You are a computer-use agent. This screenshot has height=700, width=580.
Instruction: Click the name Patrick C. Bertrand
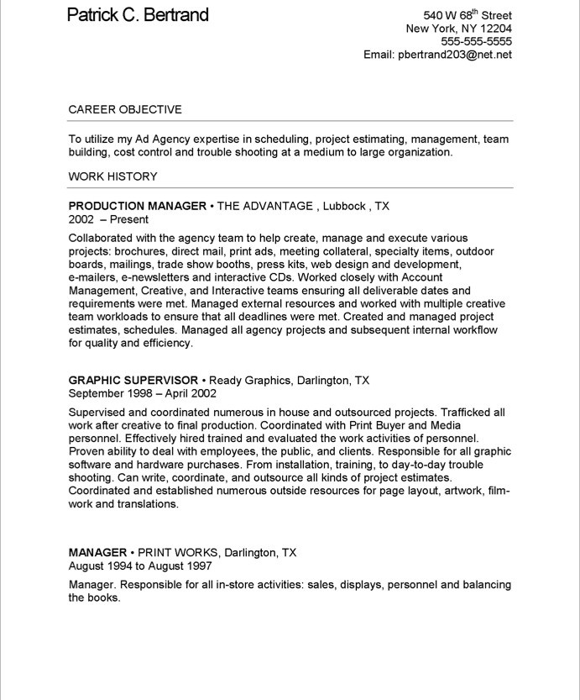click(x=138, y=15)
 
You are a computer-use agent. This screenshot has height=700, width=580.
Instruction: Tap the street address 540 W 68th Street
click(x=468, y=15)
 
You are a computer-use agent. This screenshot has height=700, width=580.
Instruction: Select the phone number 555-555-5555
click(x=476, y=41)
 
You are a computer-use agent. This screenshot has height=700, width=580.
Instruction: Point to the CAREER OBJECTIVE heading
click(x=125, y=109)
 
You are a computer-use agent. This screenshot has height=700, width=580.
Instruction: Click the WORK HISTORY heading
click(x=112, y=176)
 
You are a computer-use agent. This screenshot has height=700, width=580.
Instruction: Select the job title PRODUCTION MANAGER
click(x=137, y=206)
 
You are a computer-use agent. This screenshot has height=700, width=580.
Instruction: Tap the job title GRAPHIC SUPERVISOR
click(x=133, y=380)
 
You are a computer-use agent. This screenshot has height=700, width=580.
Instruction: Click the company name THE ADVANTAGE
click(x=265, y=206)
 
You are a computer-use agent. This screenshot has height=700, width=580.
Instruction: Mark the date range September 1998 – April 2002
click(x=142, y=393)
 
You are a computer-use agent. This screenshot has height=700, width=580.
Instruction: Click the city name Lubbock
click(x=343, y=206)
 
